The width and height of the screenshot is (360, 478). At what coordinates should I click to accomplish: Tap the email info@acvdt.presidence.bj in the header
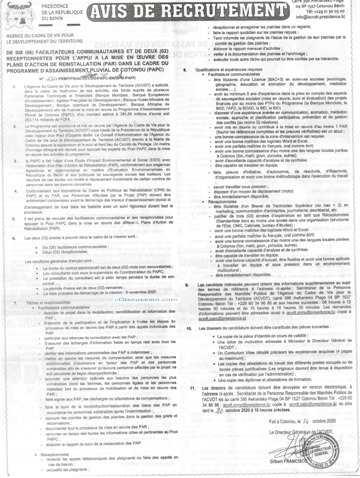(320, 17)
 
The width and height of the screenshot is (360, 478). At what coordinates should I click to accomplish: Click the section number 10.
(189, 328)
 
